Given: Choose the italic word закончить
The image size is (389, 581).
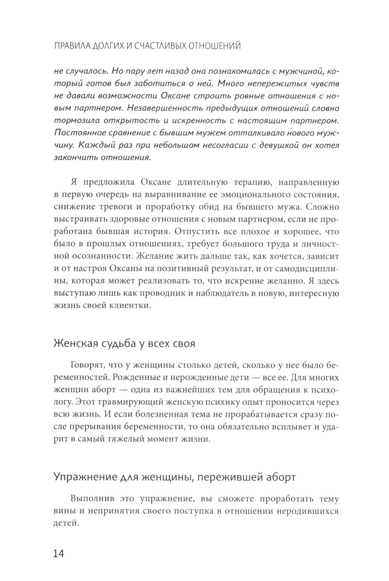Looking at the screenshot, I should point(75,157).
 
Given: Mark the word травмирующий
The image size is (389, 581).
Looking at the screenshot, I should point(129,401).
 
